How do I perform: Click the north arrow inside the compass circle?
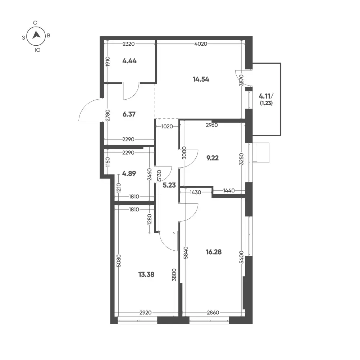point(36,35)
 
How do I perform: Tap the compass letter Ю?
point(38,50)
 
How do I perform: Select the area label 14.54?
point(201,79)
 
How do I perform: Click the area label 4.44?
point(129,61)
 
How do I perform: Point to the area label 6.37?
point(129,114)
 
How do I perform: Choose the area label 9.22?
point(213,158)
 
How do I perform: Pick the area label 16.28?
point(214,252)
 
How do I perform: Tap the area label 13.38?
point(146,274)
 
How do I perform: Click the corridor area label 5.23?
point(169,185)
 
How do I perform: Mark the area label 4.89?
point(129,173)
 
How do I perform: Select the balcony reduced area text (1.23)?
point(266,103)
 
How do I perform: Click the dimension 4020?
point(201,44)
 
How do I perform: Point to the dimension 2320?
point(129,44)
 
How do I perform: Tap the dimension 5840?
point(186,252)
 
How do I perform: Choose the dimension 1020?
point(167,126)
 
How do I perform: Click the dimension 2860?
point(213,313)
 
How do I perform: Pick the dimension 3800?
point(174,275)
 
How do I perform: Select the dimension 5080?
point(119,261)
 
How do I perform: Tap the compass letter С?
point(35,23)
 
